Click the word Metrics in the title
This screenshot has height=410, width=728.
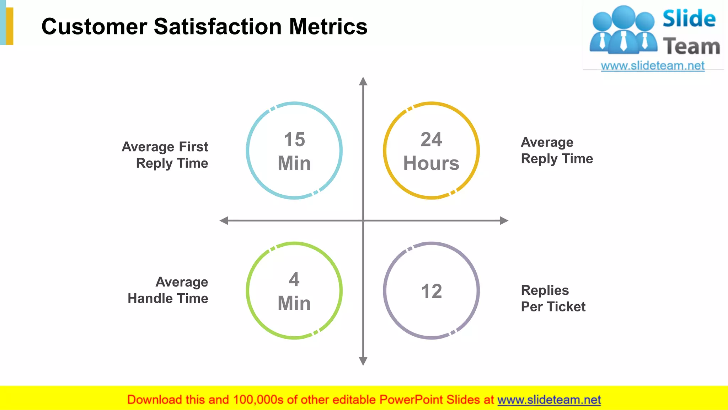coord(328,27)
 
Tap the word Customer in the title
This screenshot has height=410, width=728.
coord(94,27)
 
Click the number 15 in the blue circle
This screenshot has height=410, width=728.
coord(294,139)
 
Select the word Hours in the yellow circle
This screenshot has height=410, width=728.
coord(431,163)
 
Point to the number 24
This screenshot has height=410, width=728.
coord(431,139)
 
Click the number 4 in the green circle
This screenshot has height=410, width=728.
coord(294,279)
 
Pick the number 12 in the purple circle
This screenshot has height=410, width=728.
coord(432,291)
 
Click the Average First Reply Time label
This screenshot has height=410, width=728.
coord(165,155)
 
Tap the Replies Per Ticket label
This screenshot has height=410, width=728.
coord(553,298)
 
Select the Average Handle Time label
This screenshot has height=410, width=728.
coord(168,290)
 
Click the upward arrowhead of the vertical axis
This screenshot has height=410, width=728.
coord(363,82)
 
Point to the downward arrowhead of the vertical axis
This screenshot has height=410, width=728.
coord(363,361)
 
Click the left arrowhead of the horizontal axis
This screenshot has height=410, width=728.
coord(224,221)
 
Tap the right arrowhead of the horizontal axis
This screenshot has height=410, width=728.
coord(504,221)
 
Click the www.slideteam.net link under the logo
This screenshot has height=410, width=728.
coord(653,65)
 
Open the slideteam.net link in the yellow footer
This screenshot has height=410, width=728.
coord(549,400)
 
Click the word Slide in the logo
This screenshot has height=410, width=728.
coord(689,19)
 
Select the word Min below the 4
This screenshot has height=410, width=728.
coord(294,303)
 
